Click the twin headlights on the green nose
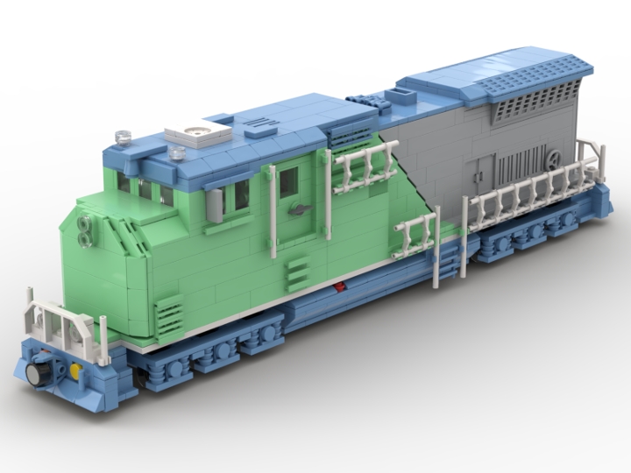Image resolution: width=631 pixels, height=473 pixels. coord(85,229)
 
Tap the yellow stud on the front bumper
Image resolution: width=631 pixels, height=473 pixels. coord(75,371)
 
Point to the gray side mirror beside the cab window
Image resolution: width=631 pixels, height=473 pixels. coord(214,204)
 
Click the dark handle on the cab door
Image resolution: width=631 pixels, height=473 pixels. coord(298,210)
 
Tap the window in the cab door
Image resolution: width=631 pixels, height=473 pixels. coord(288,182)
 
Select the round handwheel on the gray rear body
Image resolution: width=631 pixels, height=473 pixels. coord(554,160)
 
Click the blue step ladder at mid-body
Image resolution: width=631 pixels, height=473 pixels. coord(449,257)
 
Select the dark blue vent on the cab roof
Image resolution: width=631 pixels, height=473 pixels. coord(261,126)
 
